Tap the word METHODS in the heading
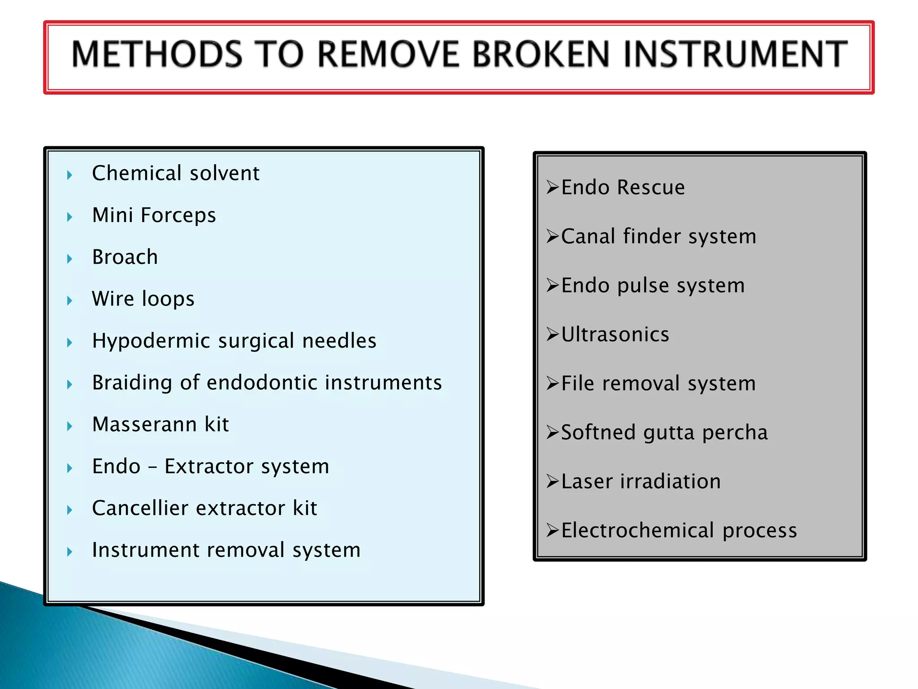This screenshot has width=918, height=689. click(x=157, y=54)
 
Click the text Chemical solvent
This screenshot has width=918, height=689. click(x=175, y=173)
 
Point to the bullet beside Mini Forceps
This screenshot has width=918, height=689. click(x=69, y=217)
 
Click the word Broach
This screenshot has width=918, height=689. click(x=125, y=257)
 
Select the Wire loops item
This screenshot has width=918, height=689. click(x=143, y=299)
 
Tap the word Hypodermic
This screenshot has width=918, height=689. click(x=151, y=341)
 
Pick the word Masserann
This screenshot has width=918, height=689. click(x=144, y=424)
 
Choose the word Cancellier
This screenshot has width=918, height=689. click(x=140, y=508)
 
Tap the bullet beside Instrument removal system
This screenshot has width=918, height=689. click(x=69, y=552)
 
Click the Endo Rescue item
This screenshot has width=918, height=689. click(x=623, y=188)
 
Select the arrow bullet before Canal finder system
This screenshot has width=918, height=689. click(x=552, y=236)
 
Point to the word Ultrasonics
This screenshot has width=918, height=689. click(x=615, y=335)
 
